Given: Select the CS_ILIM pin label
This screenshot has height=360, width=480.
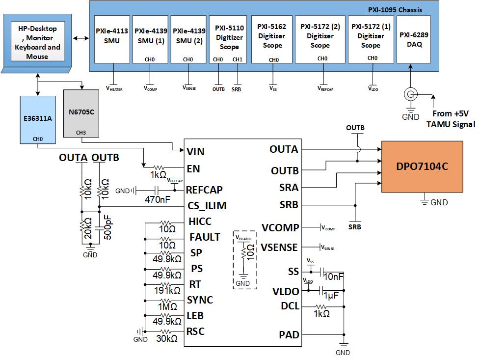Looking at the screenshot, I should pyautogui.click(x=207, y=206).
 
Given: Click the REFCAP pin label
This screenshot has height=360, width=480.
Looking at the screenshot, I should pyautogui.click(x=205, y=190).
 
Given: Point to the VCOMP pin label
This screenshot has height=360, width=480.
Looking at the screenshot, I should pyautogui.click(x=280, y=228).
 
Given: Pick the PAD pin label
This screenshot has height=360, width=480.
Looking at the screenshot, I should pyautogui.click(x=289, y=335).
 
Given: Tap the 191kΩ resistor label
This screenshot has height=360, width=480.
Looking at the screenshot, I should pyautogui.click(x=168, y=291).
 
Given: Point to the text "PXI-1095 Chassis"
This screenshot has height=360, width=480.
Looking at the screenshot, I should pyautogui.click(x=395, y=9).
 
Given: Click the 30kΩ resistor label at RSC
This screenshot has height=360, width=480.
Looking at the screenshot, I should pyautogui.click(x=167, y=338).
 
